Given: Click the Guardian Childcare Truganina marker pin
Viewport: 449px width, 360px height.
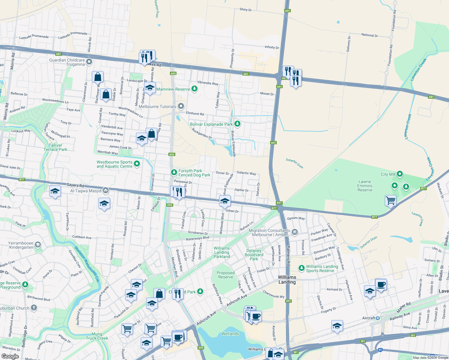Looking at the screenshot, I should (x=89, y=62).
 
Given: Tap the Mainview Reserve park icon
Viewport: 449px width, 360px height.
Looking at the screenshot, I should (x=194, y=89).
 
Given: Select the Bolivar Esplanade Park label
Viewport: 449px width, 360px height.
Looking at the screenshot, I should (x=211, y=124).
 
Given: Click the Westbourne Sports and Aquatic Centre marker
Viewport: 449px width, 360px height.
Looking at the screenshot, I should (x=137, y=164).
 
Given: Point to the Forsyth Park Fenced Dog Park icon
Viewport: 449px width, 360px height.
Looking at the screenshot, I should (x=174, y=172).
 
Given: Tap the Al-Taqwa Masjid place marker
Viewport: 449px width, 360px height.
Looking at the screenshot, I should (x=105, y=190).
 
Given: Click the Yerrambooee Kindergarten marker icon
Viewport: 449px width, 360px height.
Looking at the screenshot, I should (x=38, y=244).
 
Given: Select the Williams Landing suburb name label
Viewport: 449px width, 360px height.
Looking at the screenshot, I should (x=287, y=280).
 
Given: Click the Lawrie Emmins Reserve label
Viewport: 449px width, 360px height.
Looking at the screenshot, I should (x=365, y=186).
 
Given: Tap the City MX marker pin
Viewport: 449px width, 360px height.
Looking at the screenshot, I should (x=399, y=174).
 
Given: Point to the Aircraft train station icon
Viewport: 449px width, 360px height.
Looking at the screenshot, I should (x=378, y=318).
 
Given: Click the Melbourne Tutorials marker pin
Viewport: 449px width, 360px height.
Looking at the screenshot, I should (x=181, y=106).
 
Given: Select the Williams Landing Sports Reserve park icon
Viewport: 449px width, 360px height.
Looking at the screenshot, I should (x=301, y=268).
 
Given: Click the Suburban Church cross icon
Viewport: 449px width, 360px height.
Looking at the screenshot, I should (x=34, y=308).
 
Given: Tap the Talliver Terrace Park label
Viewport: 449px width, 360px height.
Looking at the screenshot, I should (x=56, y=147).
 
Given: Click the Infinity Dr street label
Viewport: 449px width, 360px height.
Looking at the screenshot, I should (x=272, y=47).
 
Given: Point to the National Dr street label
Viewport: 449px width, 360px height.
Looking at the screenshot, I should (x=369, y=35).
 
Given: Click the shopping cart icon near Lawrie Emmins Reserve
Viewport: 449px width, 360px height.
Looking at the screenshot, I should (x=390, y=200).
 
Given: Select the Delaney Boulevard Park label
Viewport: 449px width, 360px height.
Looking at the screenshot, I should (x=254, y=255).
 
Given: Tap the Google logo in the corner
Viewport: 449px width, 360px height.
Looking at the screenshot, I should (x=10, y=356).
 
